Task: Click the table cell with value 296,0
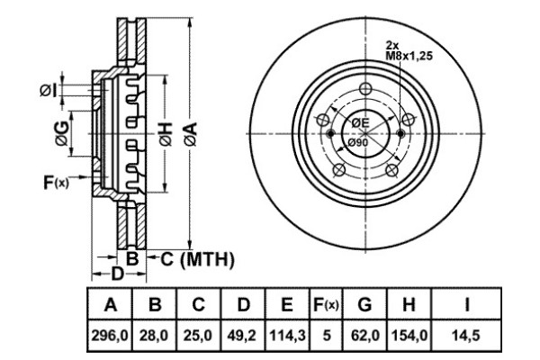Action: click(x=110, y=335)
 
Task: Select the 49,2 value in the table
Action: click(x=243, y=335)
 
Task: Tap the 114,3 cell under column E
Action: click(x=287, y=335)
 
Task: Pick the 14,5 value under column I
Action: click(x=466, y=335)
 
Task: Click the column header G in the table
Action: click(x=364, y=304)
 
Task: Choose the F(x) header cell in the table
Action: click(x=326, y=304)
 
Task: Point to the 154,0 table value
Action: click(x=409, y=335)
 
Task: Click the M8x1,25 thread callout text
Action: click(x=409, y=56)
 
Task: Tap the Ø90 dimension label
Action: click(x=357, y=142)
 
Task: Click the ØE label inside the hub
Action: click(x=360, y=122)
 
